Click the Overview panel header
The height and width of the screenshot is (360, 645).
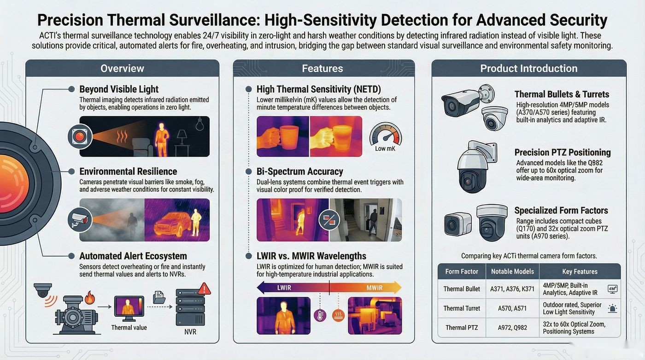pos(123,68)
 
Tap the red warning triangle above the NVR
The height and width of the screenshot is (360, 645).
pos(204,288)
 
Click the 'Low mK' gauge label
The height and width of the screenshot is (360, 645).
pos(385,148)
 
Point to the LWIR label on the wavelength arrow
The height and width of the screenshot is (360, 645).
pos(284,288)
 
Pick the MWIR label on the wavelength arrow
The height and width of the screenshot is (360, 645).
pos(374,288)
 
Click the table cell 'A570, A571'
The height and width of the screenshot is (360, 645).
pos(512,308)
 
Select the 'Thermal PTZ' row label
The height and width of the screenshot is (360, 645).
pos(462,328)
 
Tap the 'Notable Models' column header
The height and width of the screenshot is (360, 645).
pos(512,271)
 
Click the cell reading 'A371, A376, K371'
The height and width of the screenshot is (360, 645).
pos(512,289)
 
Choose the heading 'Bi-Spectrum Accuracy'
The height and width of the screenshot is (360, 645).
pos(300,171)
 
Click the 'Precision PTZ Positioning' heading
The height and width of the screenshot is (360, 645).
pos(563,153)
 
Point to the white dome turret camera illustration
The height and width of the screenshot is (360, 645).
pos(495,118)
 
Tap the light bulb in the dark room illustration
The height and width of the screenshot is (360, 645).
pos(199,124)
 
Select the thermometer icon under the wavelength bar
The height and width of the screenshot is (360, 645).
pos(320,315)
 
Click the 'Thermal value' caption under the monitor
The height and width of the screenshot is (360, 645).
pos(129,327)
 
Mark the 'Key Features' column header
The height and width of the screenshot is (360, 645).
pos(580,271)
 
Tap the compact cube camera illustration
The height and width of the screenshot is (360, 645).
pos(457,224)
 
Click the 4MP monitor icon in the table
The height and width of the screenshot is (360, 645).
pos(612,289)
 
